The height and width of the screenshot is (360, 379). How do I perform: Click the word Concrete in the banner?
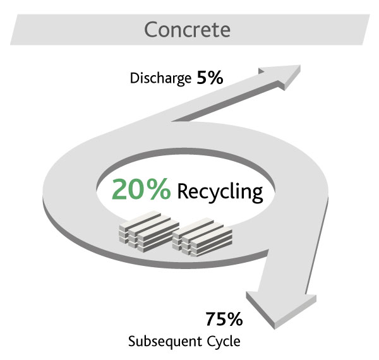(x=187, y=29)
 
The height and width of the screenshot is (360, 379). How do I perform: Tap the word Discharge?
(x=160, y=79)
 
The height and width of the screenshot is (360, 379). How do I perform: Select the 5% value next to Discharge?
(x=210, y=78)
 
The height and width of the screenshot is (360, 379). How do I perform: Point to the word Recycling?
(x=220, y=191)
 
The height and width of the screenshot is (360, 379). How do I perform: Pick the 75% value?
(x=223, y=319)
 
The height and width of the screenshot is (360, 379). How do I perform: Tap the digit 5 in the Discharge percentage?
(x=203, y=78)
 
